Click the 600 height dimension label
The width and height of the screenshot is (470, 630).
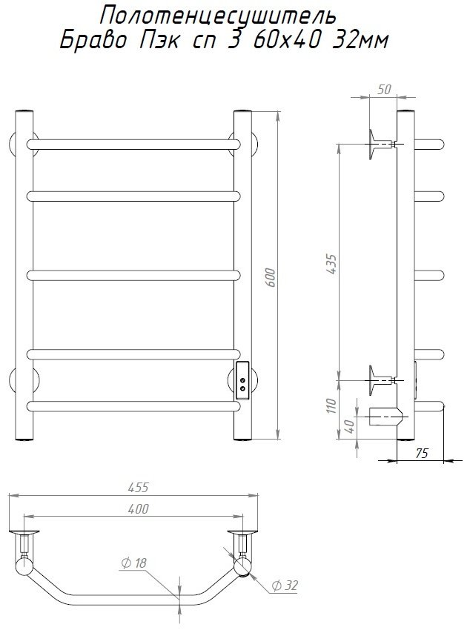click(271, 277)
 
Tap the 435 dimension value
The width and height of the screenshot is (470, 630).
click(332, 264)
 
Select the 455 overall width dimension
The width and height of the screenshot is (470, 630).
click(138, 487)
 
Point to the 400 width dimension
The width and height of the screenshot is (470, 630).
click(138, 508)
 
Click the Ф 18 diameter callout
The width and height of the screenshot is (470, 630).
click(134, 563)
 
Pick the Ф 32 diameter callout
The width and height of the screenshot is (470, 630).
click(285, 586)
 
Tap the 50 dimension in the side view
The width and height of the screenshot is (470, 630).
click(384, 89)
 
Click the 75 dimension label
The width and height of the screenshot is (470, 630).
click(421, 453)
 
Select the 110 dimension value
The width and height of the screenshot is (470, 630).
click(331, 406)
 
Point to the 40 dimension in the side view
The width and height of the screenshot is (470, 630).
click(350, 426)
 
